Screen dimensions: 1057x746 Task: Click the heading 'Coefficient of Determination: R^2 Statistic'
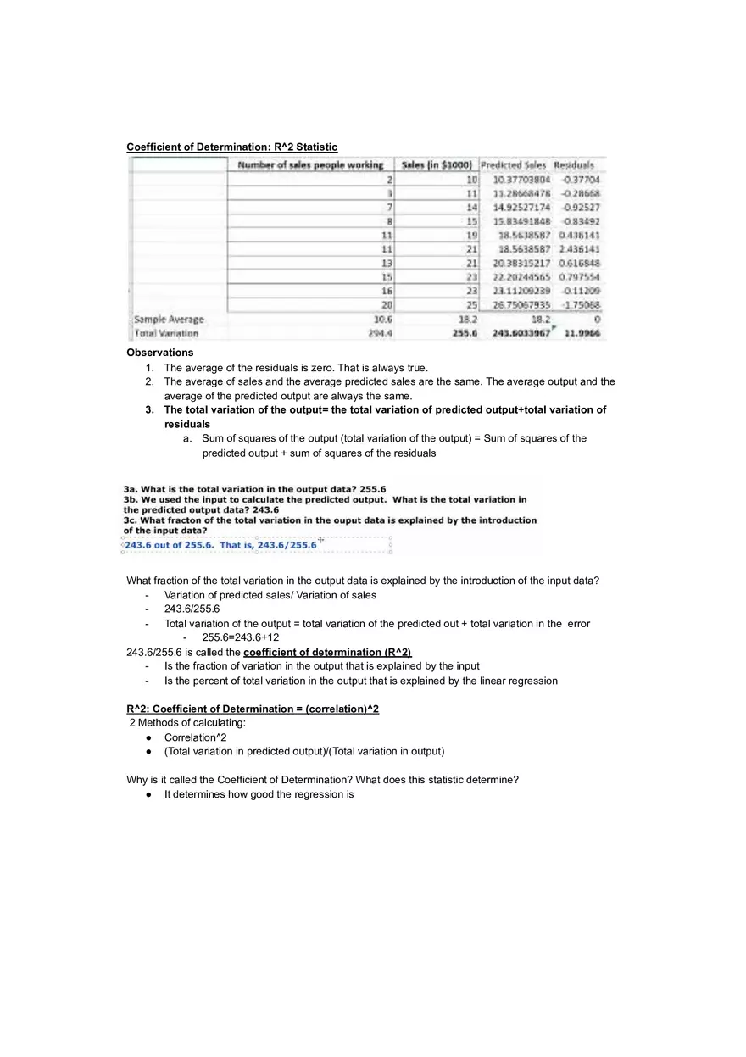[x=231, y=147]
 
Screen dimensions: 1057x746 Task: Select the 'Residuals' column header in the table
[x=574, y=164]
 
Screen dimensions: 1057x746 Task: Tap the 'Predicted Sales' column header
[x=514, y=164]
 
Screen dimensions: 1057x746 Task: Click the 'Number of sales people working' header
[x=310, y=164]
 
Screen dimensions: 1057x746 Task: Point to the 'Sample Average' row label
[x=170, y=320]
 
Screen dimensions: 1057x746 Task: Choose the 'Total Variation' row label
[x=166, y=333]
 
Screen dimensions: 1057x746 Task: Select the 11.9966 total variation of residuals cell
[x=582, y=333]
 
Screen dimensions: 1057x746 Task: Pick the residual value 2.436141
[x=581, y=249]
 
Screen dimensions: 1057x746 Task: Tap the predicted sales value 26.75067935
[x=521, y=305]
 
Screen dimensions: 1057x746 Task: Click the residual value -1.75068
[x=581, y=305]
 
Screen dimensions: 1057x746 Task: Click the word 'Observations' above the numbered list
[x=159, y=353]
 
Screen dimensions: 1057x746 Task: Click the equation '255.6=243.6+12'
[x=241, y=637]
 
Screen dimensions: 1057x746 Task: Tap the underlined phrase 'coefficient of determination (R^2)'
[x=326, y=652]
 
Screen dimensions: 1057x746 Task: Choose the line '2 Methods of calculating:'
[x=187, y=723]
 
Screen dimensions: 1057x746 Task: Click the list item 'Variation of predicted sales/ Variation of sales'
[x=270, y=595]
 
